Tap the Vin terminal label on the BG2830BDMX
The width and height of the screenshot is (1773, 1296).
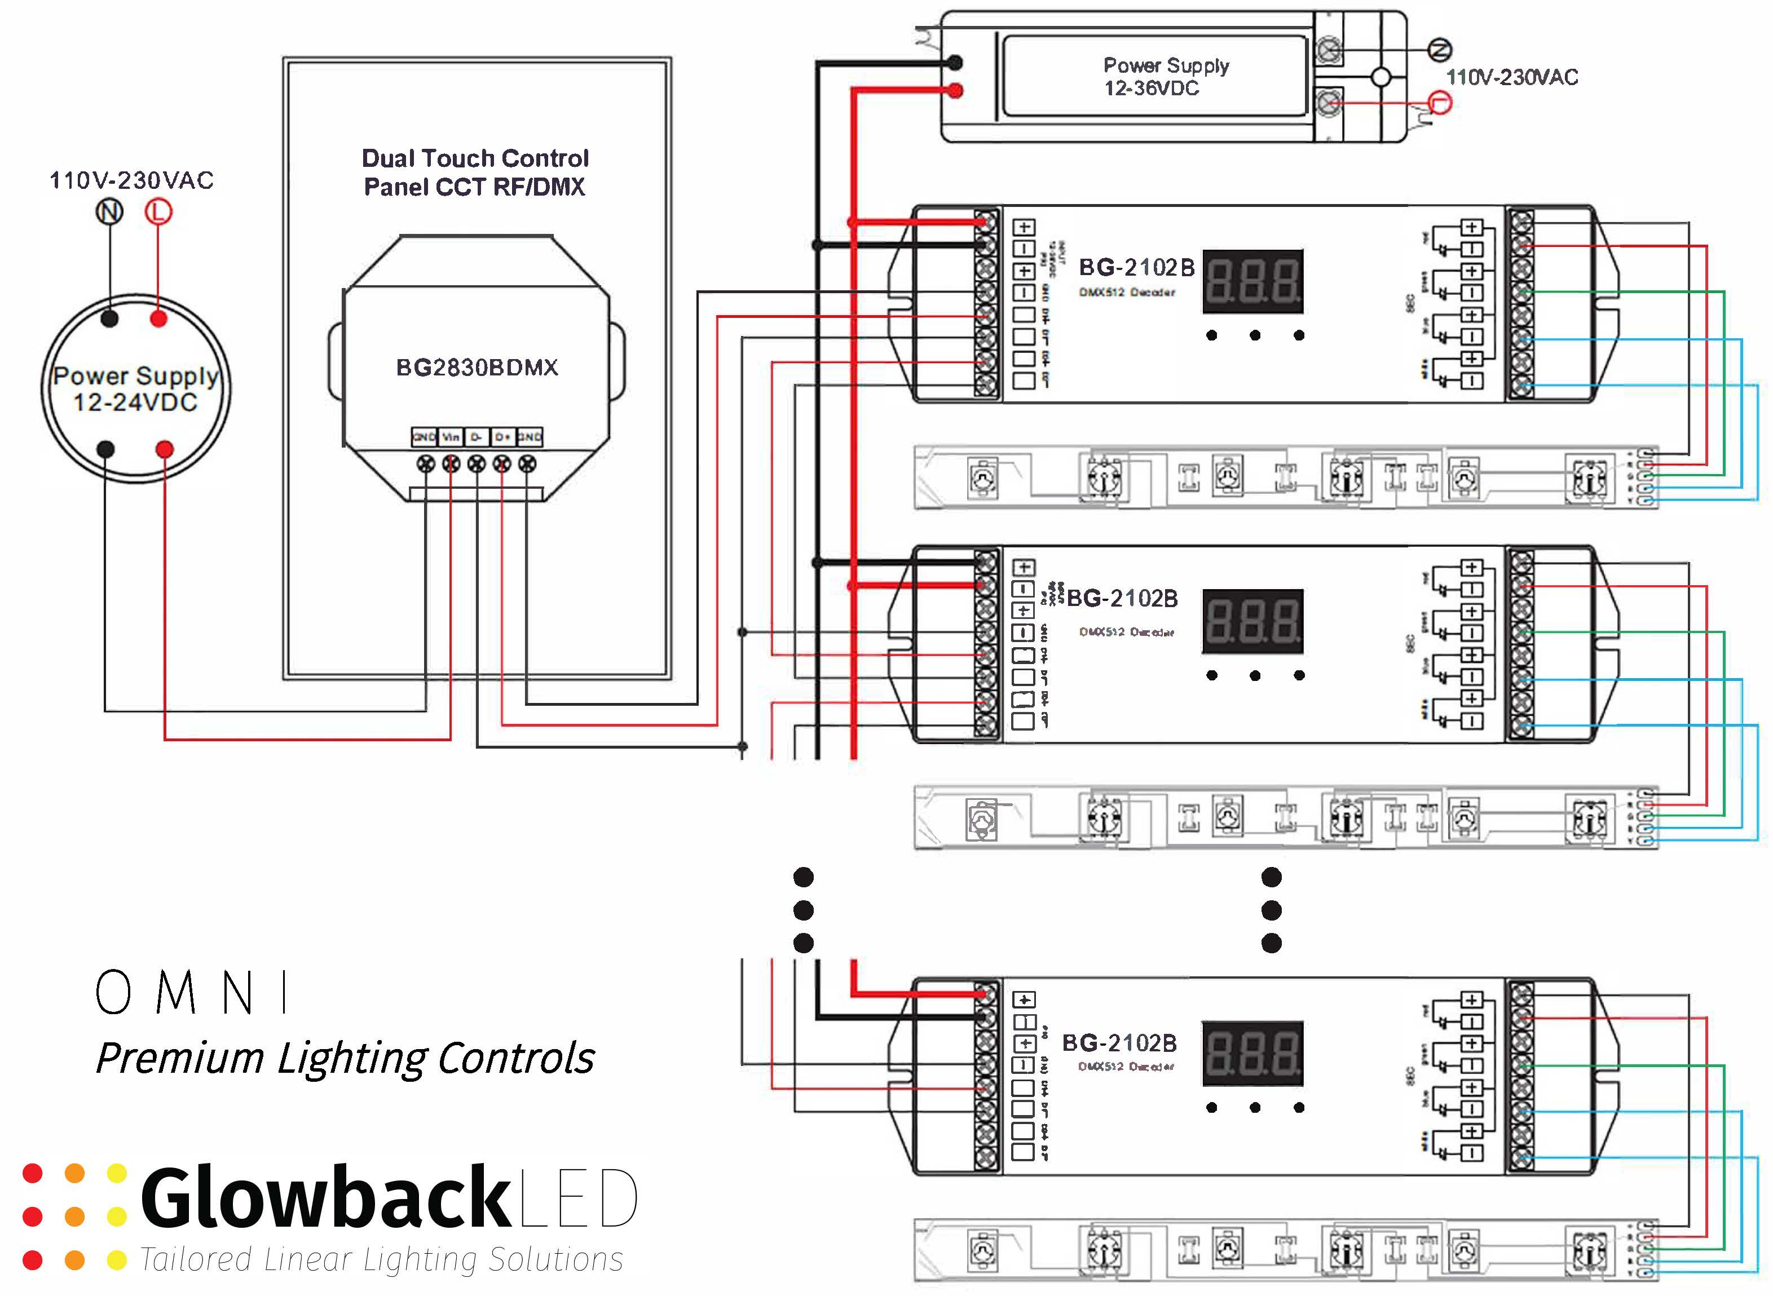(451, 436)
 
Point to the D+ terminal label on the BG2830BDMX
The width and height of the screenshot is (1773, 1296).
(502, 436)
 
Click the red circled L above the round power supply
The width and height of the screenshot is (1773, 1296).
(158, 212)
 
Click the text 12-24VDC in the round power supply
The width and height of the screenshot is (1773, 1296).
(135, 402)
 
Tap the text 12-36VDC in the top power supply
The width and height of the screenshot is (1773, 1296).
(1152, 89)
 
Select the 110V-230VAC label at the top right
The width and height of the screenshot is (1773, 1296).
(1512, 77)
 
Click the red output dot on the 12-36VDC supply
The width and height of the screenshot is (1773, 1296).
(955, 91)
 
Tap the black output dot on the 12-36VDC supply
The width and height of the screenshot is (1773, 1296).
(955, 62)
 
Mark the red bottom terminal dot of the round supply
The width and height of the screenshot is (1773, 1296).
(164, 449)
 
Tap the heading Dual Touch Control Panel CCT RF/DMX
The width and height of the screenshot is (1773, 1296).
(475, 172)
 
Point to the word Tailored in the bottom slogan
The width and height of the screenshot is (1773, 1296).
(196, 1260)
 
